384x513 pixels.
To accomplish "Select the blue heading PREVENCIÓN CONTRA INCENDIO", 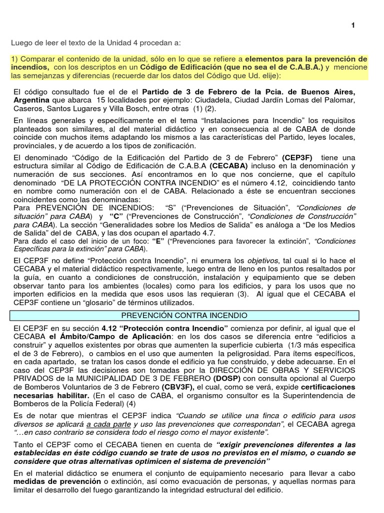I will [x=184, y=315].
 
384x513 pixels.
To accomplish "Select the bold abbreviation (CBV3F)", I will [x=178, y=387].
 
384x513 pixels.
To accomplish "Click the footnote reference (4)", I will [x=130, y=404].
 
